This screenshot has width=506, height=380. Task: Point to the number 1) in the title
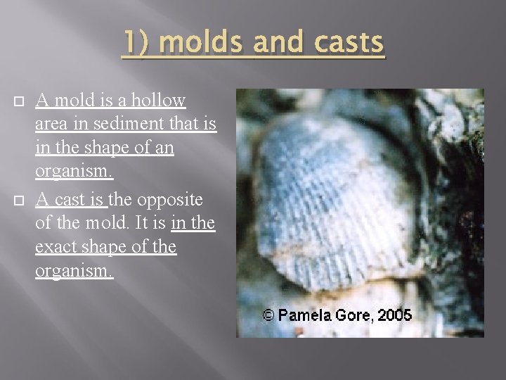[136, 43]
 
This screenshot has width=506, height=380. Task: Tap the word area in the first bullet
[51, 126]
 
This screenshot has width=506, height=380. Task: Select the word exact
[57, 248]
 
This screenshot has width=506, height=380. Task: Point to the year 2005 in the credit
[394, 315]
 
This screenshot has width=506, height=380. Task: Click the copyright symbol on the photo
[268, 315]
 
